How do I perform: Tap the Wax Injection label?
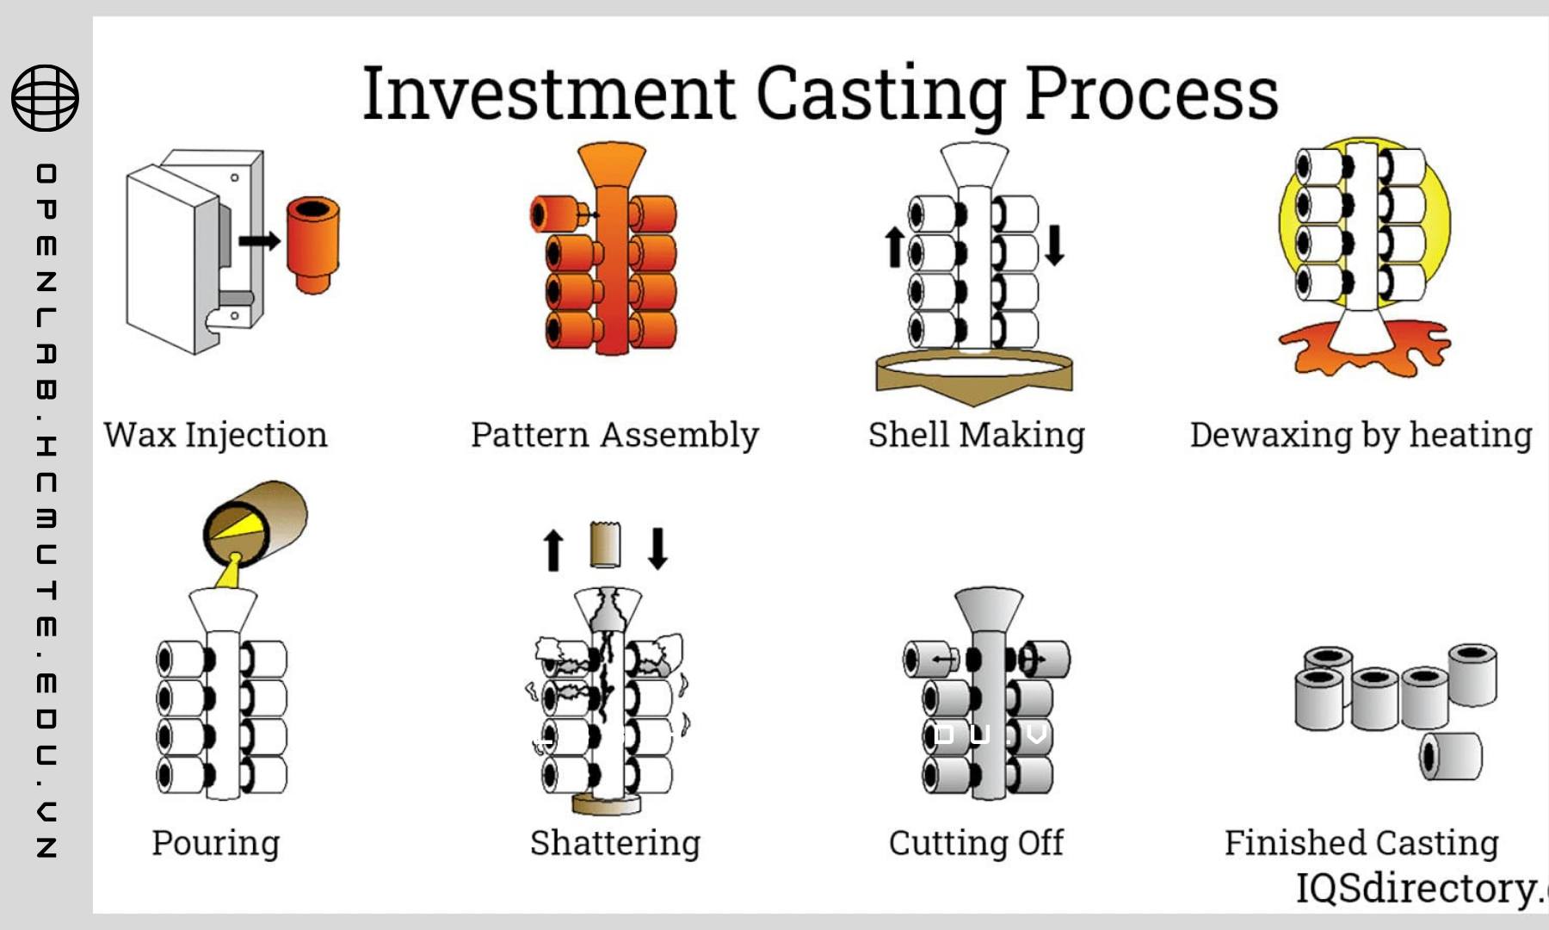pos(215,436)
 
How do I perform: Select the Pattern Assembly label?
pos(614,436)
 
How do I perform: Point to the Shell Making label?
pos(977,436)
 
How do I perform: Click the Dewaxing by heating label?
pos(1361,436)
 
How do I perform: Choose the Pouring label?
pos(216,843)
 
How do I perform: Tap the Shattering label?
pos(615,843)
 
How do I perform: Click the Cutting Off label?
pos(977,843)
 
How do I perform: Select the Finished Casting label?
pos(1361,843)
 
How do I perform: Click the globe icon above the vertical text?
pos(45,97)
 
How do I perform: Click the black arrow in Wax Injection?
pos(260,240)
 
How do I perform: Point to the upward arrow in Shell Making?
pos(895,247)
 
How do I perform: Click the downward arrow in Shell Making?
pos(1055,245)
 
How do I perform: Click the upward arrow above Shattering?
pos(553,549)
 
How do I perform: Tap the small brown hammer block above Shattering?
pos(606,544)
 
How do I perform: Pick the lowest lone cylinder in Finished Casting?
pos(1450,756)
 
